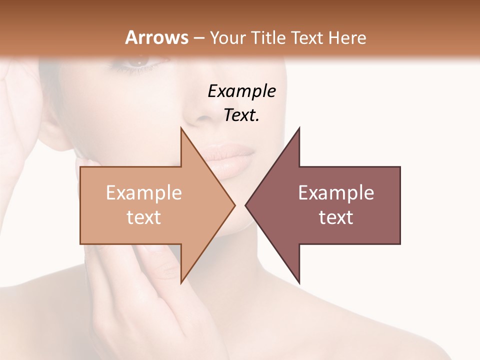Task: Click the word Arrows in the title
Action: tap(156, 37)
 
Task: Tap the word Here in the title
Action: tap(348, 37)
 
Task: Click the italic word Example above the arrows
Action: tap(241, 91)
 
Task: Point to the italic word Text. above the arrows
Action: tap(241, 115)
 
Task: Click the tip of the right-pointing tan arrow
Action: tap(234, 205)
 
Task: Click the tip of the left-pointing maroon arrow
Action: tap(245, 205)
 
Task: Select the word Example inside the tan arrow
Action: tap(144, 193)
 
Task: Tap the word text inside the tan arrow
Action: tap(144, 217)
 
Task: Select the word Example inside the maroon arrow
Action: tap(336, 193)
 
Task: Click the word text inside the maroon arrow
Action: tap(336, 217)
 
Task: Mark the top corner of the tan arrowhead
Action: tap(181, 128)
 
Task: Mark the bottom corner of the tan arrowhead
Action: tap(181, 283)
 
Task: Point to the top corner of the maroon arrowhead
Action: tap(299, 128)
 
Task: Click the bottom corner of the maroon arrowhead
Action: tap(299, 283)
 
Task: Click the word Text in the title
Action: tap(309, 37)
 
